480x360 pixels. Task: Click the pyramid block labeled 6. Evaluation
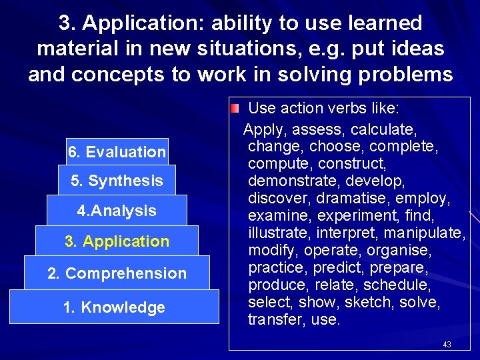[x=117, y=152]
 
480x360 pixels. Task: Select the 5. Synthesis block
[x=117, y=181]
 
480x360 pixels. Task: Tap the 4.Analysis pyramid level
[x=117, y=211]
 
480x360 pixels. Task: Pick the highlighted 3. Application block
[x=117, y=241]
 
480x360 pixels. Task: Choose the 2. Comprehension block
[x=117, y=273]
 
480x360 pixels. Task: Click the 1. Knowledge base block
[x=113, y=307]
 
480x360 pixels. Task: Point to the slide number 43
[x=447, y=345]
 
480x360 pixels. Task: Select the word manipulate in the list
[x=427, y=233]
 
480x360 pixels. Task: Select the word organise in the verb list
[x=401, y=251]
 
